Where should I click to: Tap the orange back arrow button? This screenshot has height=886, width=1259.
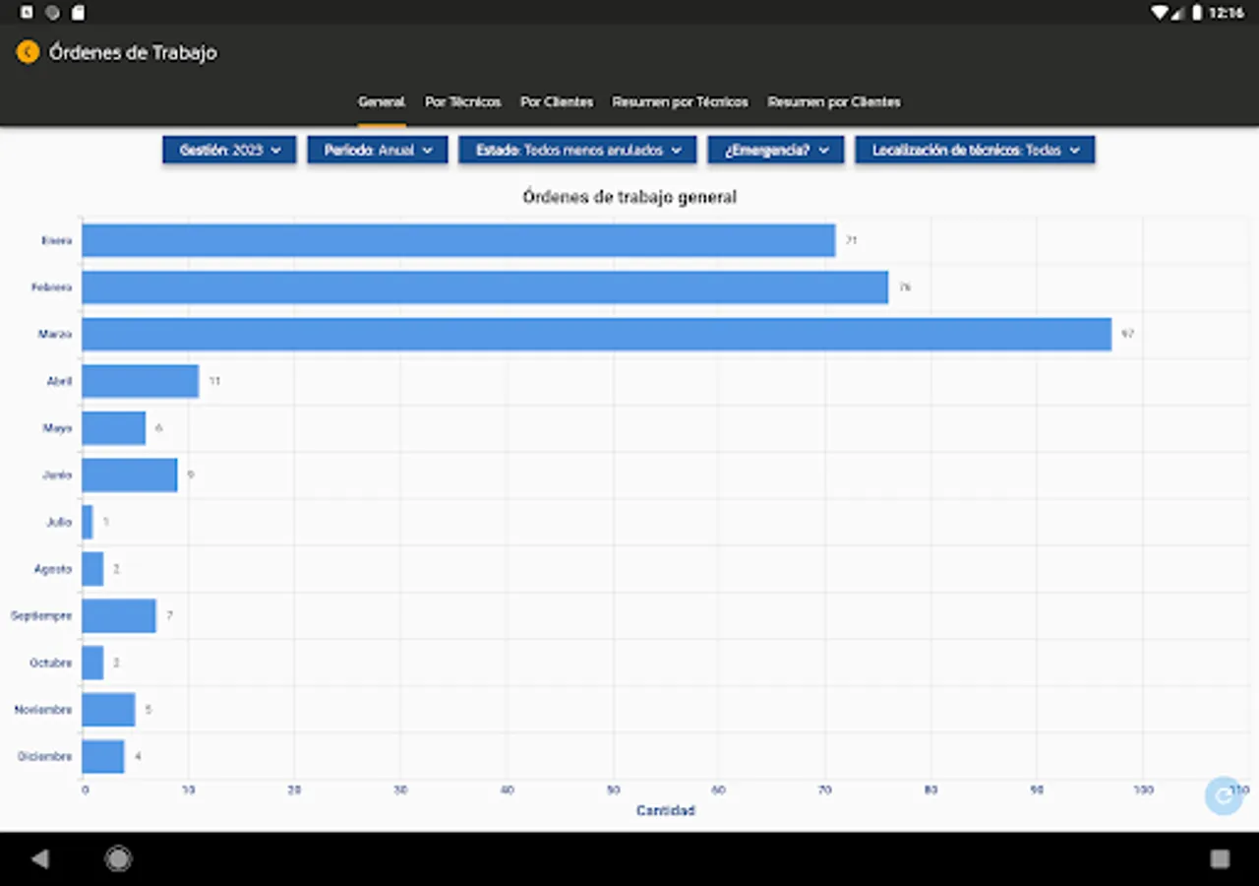pos(28,52)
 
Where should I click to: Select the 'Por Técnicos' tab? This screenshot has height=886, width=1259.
pos(462,102)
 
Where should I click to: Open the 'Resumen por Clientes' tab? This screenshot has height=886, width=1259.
pos(834,102)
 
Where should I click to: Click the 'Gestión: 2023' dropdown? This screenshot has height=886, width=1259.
pos(229,151)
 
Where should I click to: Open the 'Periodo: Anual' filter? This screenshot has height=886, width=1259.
pos(378,151)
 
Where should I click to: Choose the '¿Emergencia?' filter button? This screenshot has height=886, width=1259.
pos(775,151)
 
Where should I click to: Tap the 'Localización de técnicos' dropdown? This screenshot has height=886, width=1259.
pos(975,151)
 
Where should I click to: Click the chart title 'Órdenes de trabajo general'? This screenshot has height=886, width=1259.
pos(629,197)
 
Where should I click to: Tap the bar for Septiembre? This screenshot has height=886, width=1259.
pos(118,615)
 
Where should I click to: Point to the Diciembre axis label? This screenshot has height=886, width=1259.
pos(44,757)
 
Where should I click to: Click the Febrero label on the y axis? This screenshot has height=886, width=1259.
pos(51,287)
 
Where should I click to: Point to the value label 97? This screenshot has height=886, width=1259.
pos(1127,334)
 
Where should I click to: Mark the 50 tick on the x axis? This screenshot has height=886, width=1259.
pos(613,790)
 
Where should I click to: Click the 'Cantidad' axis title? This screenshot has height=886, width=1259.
pos(666,811)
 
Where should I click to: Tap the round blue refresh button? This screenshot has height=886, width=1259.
pos(1224,795)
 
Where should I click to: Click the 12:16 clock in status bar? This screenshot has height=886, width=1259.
pos(1227,13)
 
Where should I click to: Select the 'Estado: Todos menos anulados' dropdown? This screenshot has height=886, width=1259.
pos(577,151)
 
